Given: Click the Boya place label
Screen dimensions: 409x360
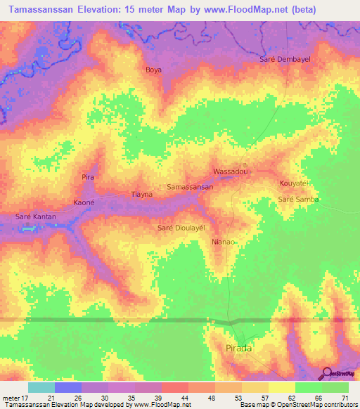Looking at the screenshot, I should coord(153,70).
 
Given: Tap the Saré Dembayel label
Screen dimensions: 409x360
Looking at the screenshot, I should coord(285,60).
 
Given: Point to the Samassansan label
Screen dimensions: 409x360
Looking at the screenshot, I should coord(190,188).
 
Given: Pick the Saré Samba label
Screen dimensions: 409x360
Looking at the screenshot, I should coord(299,200).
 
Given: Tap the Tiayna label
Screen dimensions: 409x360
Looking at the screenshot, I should coord(143,195).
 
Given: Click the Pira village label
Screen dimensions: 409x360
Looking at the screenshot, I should coord(88,177).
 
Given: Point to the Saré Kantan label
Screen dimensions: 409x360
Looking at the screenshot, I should coord(37,217).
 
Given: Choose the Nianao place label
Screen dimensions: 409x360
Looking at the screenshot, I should coord(224,242).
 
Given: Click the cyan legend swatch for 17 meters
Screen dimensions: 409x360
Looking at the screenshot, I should coord(41,387).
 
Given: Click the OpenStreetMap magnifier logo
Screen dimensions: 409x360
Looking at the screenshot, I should coord(326,373).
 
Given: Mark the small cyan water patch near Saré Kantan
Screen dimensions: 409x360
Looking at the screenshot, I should coord(27,228).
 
